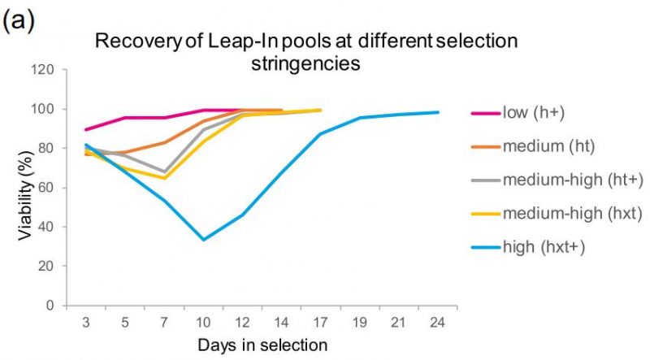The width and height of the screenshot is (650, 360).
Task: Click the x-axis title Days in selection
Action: [262, 345]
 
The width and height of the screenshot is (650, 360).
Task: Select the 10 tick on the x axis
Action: [203, 322]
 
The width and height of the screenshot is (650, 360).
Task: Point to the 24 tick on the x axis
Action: [439, 322]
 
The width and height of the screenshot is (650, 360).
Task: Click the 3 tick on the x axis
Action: [85, 322]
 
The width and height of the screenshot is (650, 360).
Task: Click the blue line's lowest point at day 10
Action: [203, 240]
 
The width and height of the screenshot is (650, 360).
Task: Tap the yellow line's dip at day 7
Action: [165, 178]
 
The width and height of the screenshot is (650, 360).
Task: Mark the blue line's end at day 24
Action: [439, 112]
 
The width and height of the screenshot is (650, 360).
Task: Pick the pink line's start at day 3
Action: [85, 129]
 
